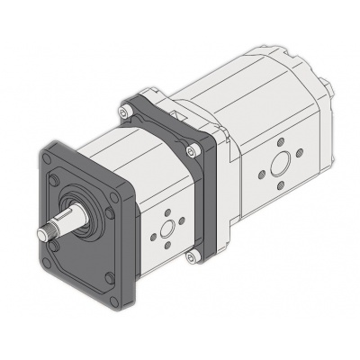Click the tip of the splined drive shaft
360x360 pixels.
pyautogui.click(x=40, y=236)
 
